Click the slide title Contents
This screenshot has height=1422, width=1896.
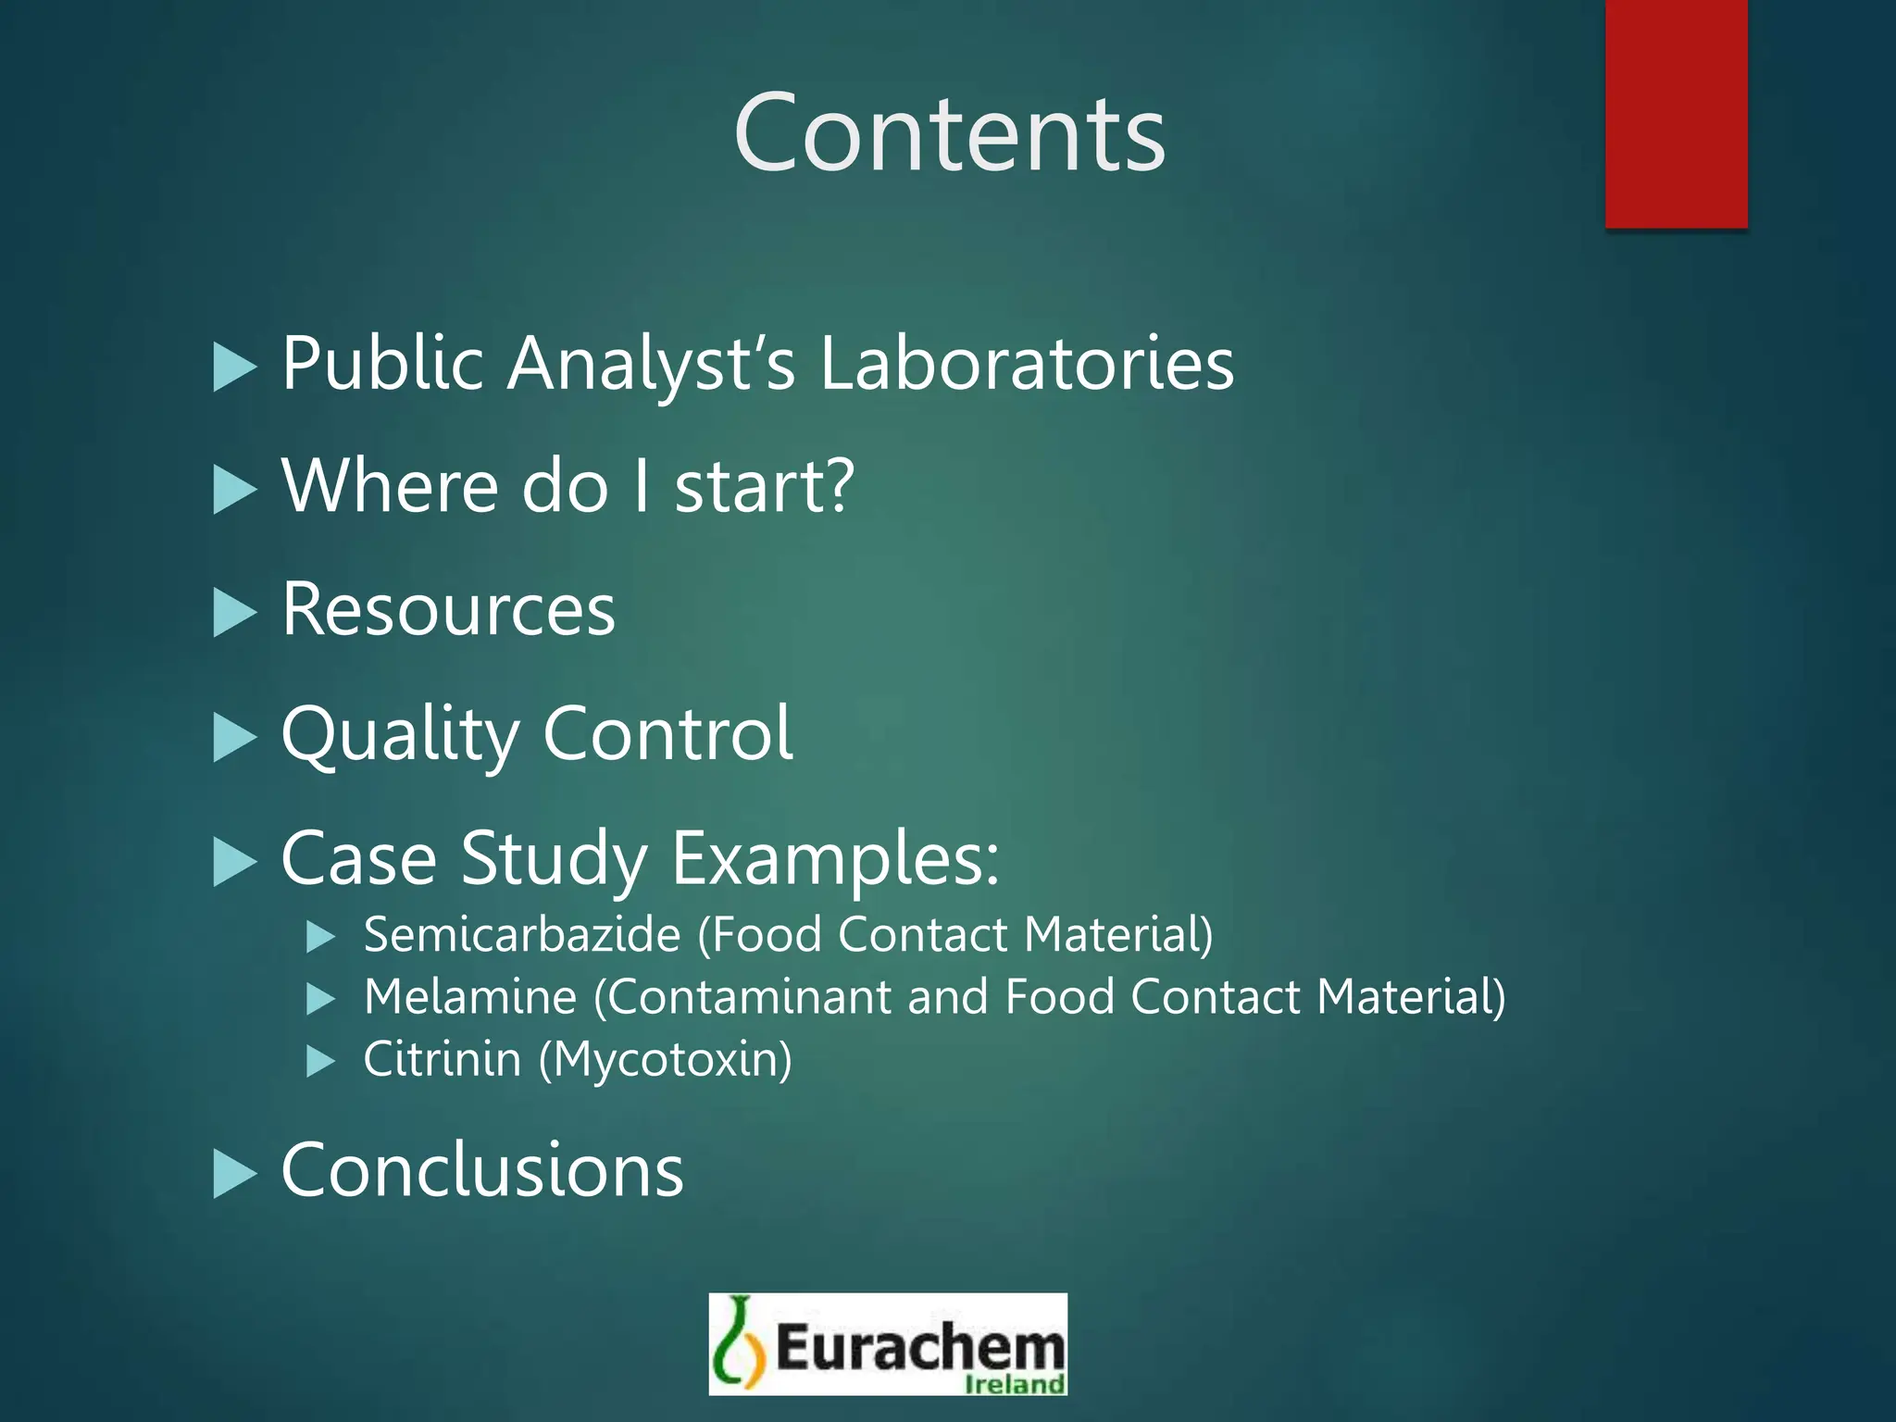(949, 133)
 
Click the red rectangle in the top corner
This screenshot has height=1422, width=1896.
(1676, 113)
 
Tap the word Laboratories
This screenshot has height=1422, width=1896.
(1027, 363)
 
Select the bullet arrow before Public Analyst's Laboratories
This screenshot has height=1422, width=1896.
(234, 368)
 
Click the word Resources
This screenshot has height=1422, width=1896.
(448, 610)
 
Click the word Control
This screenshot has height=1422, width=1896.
(667, 733)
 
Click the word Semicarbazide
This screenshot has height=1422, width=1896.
(522, 934)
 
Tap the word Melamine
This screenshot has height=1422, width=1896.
(470, 997)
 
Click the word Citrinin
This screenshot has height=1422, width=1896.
(443, 1059)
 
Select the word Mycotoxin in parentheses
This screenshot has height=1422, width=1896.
(667, 1060)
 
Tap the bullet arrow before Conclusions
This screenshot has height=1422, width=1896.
(234, 1174)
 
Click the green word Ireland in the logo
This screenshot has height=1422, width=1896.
(1014, 1384)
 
